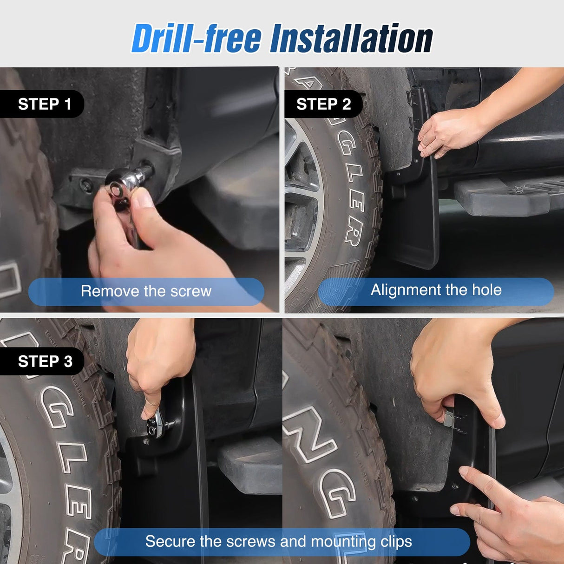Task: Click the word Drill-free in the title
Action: pos(196,38)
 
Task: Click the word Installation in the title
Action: pos(351,38)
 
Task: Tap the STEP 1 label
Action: pos(44,104)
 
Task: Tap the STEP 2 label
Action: pos(323,104)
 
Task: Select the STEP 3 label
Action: pos(45,361)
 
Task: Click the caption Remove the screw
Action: pos(146,291)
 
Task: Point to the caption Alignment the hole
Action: pos(436,290)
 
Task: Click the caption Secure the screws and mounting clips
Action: pos(279,541)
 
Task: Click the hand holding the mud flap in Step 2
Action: pos(446,132)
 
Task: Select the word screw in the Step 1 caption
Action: pos(191,291)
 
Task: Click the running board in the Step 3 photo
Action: pos(251,465)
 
